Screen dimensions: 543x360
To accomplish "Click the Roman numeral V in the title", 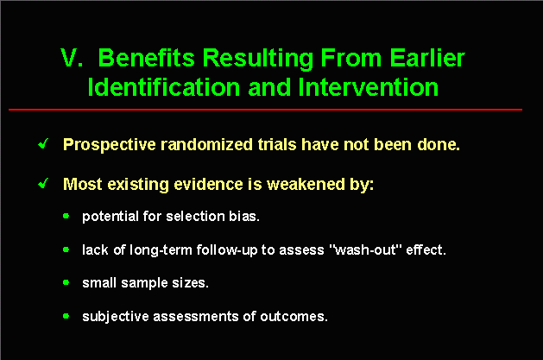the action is click(72, 58).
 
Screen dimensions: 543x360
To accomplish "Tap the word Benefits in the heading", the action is click(147, 58).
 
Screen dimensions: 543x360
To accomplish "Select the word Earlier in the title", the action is click(427, 58).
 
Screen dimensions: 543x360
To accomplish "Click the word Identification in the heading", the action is click(164, 87).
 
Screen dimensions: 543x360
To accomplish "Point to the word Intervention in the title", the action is click(368, 87).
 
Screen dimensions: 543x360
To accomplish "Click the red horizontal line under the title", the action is click(265, 110).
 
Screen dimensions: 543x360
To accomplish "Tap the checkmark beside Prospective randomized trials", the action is click(44, 143).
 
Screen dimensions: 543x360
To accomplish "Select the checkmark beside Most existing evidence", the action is click(44, 183).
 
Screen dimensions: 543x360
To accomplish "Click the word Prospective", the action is click(110, 145).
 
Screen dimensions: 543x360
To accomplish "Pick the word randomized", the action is click(206, 144).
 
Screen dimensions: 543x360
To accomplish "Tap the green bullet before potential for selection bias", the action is click(66, 217).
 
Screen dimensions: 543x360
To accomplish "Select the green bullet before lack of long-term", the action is click(66, 249).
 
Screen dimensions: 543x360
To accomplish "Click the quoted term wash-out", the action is click(364, 249).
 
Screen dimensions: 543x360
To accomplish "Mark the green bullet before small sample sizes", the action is click(66, 283).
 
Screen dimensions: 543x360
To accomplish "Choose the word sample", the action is click(144, 283).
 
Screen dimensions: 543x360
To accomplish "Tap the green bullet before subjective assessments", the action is click(66, 316).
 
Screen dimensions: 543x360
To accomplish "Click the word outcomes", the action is click(294, 316).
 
